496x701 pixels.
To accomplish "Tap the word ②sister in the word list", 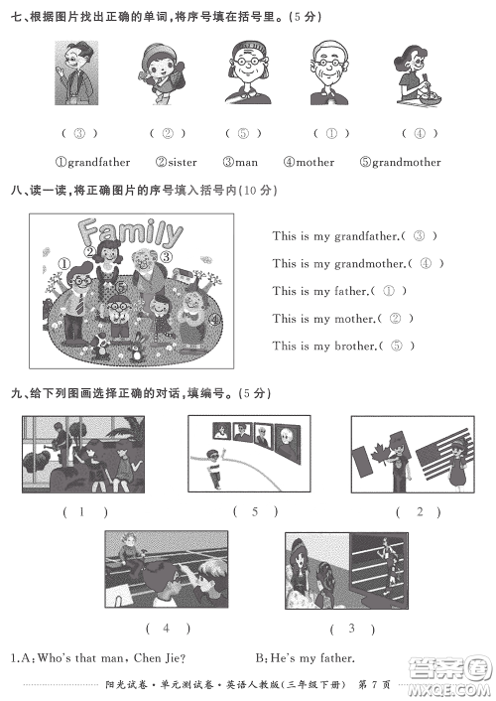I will click(x=177, y=162).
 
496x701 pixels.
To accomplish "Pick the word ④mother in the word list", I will click(x=309, y=162).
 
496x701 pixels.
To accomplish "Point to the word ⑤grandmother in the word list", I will click(x=400, y=162).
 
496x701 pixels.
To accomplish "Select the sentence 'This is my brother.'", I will click(x=325, y=347).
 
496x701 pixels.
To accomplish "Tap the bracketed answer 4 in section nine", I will click(x=167, y=628).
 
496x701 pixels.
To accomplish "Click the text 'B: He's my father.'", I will click(x=305, y=657).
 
